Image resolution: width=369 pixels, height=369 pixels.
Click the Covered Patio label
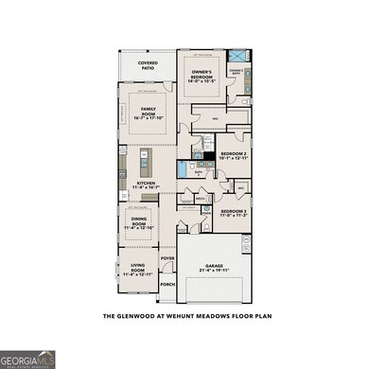click(x=147, y=64)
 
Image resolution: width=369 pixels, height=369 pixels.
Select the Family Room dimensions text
click(x=148, y=118)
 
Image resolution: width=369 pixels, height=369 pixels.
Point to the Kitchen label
click(x=146, y=184)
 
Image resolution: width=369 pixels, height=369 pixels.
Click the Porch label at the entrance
click(x=167, y=284)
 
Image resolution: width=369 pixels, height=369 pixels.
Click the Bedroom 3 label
click(x=234, y=211)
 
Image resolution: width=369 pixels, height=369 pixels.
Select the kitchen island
click(x=145, y=157)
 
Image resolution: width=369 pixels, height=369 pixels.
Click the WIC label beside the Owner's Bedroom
click(x=215, y=118)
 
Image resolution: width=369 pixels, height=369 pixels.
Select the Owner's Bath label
click(x=237, y=72)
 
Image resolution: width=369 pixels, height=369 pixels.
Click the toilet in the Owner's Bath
click(x=244, y=101)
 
